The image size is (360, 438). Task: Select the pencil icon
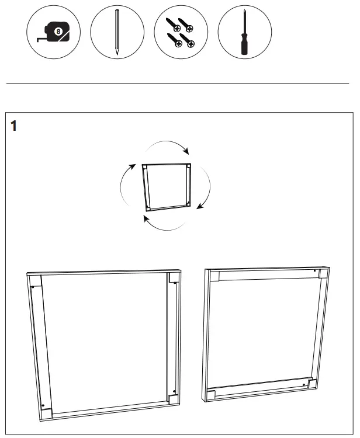tap(117, 32)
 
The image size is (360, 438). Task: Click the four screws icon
tap(181, 32)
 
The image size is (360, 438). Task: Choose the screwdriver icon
tap(244, 32)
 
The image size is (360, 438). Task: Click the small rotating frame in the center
tap(167, 186)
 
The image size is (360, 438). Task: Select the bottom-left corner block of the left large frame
tap(47, 409)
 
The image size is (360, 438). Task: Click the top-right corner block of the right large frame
tap(316, 273)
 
